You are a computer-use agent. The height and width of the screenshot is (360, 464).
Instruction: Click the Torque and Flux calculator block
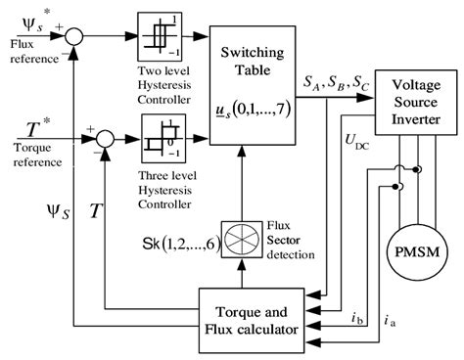(x=260, y=321)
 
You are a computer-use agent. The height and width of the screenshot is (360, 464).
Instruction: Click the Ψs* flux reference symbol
(x=26, y=20)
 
